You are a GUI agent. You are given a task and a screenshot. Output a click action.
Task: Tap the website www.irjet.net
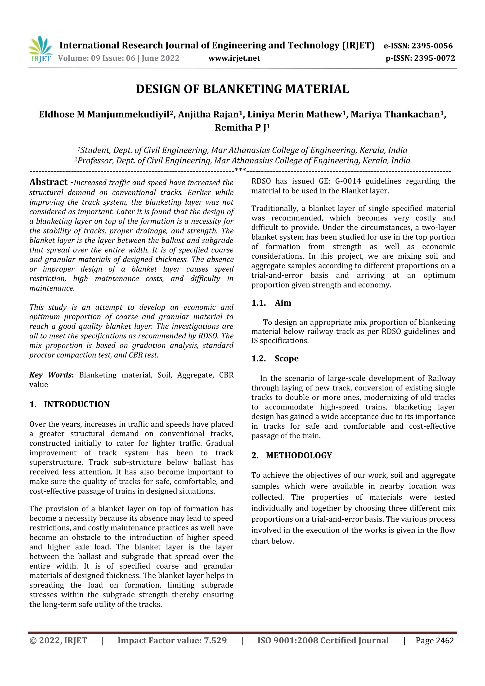(x=234, y=58)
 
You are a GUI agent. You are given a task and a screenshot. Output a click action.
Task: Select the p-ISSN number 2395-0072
(x=435, y=58)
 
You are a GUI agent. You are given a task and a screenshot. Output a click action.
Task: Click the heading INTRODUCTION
(x=77, y=404)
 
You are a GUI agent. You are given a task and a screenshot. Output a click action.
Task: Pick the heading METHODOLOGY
(x=299, y=455)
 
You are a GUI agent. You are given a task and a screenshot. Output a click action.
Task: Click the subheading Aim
(x=283, y=303)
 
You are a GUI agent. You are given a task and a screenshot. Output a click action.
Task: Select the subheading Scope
(x=286, y=359)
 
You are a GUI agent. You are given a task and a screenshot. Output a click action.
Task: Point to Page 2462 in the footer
(x=435, y=641)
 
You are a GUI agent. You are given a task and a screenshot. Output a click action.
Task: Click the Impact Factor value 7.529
(x=215, y=641)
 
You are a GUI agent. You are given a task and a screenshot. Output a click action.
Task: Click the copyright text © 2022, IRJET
(x=58, y=641)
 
